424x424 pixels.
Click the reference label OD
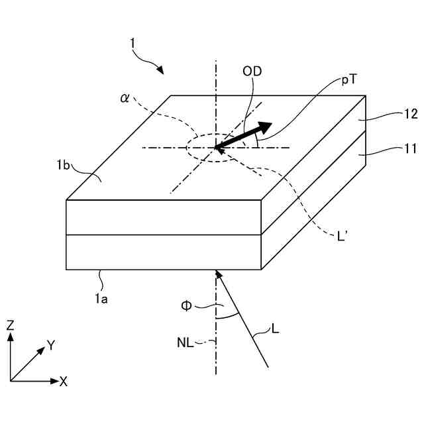[252, 72]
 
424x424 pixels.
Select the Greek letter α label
[125, 97]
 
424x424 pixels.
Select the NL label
[186, 343]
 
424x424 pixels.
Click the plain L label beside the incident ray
[275, 327]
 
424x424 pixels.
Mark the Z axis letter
[11, 325]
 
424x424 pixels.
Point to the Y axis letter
[50, 344]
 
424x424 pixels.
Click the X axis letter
[63, 382]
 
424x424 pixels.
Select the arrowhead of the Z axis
[11, 337]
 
